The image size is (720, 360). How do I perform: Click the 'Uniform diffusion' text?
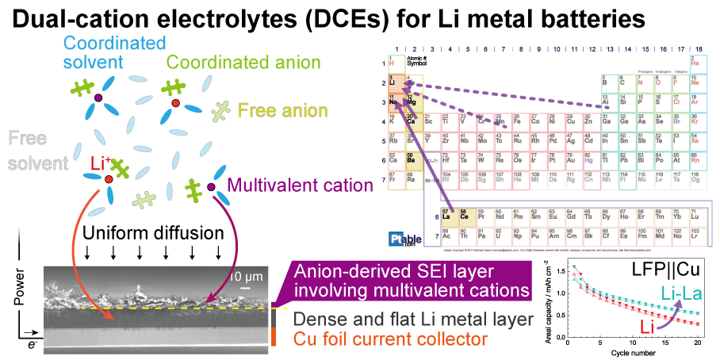pos(144,235)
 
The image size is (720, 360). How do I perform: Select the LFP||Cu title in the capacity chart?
pos(668,271)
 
